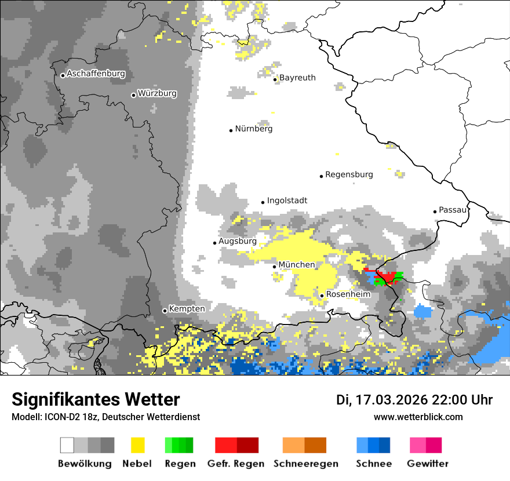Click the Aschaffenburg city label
(96, 74)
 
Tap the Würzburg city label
(157, 93)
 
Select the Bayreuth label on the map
(297, 78)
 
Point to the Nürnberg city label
(253, 129)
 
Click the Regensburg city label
(349, 174)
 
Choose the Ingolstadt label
(287, 201)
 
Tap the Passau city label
(453, 210)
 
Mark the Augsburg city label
(237, 241)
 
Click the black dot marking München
(275, 267)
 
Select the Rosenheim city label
(348, 294)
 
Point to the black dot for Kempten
(165, 311)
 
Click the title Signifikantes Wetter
(96, 399)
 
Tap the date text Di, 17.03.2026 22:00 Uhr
(414, 400)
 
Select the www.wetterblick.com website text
(418, 417)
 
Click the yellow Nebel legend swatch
(137, 445)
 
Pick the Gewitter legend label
(428, 464)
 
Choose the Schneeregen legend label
(306, 464)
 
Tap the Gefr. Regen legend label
(235, 464)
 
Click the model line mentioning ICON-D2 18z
(105, 417)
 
